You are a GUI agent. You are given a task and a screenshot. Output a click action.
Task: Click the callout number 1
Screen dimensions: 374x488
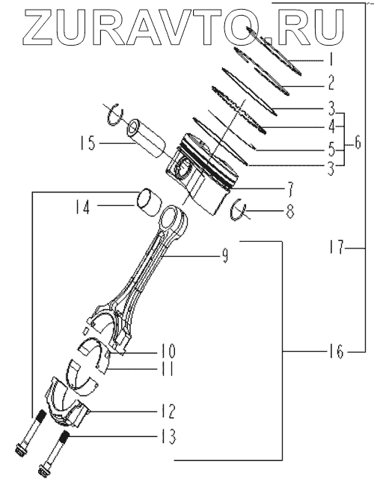coord(331,59)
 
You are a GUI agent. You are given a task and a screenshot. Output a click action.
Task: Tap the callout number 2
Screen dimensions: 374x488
coord(331,83)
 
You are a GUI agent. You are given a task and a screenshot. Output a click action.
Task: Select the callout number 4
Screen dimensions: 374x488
coord(331,127)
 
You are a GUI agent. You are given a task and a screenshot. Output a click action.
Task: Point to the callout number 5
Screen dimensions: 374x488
coord(331,149)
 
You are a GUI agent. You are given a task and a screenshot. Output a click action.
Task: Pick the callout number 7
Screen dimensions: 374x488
coord(289,190)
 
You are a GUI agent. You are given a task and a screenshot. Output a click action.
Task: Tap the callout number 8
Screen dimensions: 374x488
coord(289,211)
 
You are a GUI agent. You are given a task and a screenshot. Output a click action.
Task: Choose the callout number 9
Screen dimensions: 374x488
coord(224,256)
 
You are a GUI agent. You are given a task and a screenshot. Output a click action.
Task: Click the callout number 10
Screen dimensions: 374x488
coord(168,351)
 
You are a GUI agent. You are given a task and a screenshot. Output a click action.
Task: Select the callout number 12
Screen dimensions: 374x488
coord(168,412)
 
